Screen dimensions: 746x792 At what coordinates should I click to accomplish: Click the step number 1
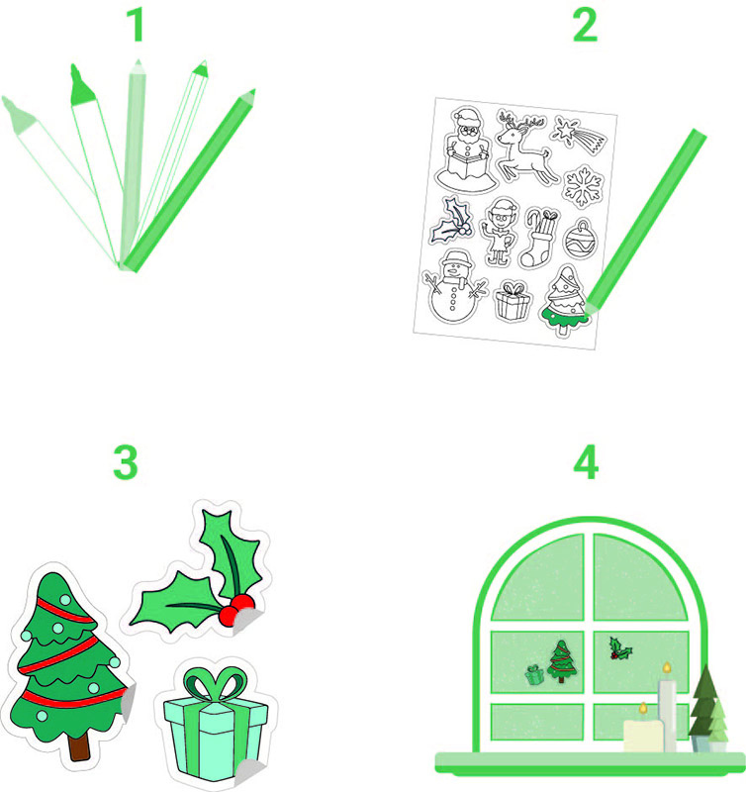click(137, 26)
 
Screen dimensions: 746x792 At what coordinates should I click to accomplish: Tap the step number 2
click(585, 26)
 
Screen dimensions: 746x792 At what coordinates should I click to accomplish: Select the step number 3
click(126, 462)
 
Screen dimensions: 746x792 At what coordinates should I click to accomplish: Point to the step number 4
click(586, 462)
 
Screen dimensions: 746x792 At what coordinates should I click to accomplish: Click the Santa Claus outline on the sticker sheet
click(464, 149)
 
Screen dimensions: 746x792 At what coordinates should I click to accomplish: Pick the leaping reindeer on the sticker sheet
click(525, 147)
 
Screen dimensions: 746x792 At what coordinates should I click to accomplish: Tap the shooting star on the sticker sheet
click(579, 134)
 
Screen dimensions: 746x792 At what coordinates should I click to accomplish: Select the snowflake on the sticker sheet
click(584, 186)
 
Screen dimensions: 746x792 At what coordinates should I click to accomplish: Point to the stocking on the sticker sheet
click(540, 238)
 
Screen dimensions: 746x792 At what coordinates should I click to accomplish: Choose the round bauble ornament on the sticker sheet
click(580, 240)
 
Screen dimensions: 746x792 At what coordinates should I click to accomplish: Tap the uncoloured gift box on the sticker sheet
click(513, 301)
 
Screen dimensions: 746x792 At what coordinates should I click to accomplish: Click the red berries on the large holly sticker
click(236, 610)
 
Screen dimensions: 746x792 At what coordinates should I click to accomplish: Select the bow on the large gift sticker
click(216, 684)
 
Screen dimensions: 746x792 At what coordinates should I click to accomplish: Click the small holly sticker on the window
click(620, 648)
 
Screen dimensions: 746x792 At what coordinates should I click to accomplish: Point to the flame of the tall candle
click(667, 667)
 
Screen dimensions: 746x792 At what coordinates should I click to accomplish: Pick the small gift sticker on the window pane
click(534, 674)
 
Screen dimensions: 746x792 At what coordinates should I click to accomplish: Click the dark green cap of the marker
click(81, 87)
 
